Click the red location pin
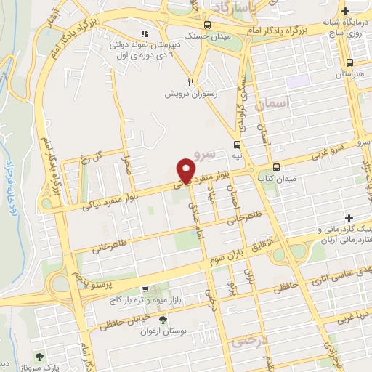186,171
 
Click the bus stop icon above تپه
238,144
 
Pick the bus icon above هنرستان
350,62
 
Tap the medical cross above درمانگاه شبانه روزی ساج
346,11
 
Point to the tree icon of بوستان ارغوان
163,318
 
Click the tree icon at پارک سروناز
39,357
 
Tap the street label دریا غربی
351,316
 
